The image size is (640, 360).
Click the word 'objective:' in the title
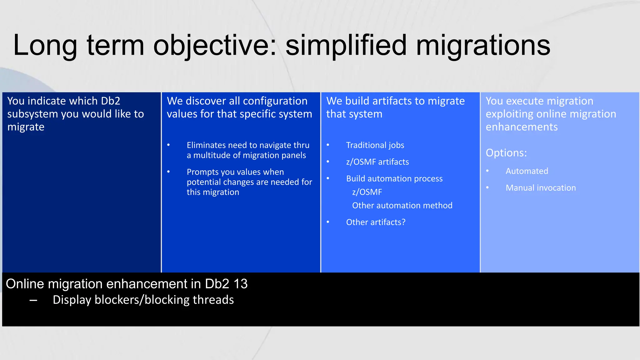tap(215, 46)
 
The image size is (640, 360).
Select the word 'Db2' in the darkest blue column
tap(111, 101)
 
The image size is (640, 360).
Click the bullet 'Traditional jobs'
tap(375, 145)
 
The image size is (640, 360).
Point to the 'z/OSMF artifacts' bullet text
tap(377, 162)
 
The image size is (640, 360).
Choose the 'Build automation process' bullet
tap(394, 179)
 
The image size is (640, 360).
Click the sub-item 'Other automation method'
tap(402, 206)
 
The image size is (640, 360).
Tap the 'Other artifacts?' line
tap(376, 222)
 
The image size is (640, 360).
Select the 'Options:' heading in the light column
tap(506, 153)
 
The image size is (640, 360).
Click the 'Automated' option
tap(527, 171)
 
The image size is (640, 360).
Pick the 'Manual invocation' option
tap(541, 188)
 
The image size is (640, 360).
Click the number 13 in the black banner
tap(240, 284)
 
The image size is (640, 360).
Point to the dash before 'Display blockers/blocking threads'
tap(33, 301)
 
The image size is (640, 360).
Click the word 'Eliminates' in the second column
tap(206, 145)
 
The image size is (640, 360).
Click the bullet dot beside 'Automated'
tap(487, 171)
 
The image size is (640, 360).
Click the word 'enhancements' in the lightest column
tap(521, 127)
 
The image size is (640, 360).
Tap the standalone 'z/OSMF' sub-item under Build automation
tap(367, 192)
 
